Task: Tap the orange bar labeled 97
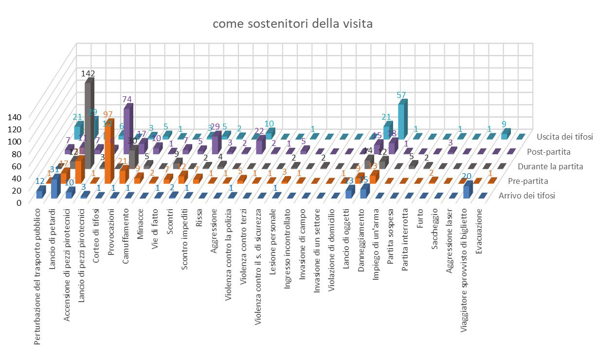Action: point(109,146)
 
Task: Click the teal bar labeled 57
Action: point(402,119)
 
